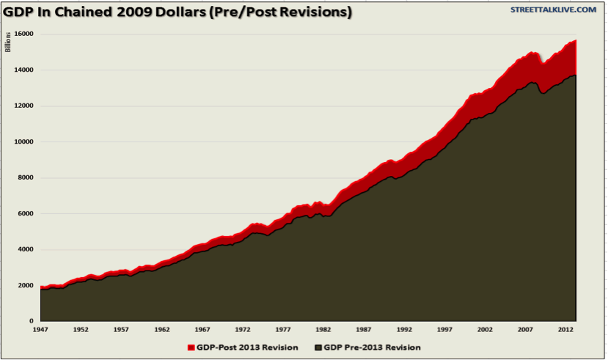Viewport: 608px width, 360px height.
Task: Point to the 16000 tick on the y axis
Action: (24, 34)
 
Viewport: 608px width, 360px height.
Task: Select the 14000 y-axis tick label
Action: (24, 70)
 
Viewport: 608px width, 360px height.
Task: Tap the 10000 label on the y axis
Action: (24, 142)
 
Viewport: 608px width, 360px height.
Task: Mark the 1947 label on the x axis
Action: (42, 331)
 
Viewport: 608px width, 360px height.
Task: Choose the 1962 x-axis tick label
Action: (163, 331)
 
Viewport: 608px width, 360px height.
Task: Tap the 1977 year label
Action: (285, 331)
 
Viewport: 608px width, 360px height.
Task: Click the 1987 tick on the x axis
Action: (365, 331)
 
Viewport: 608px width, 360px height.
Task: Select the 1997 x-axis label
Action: (447, 331)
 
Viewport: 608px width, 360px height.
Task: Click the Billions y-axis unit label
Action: (9, 43)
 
